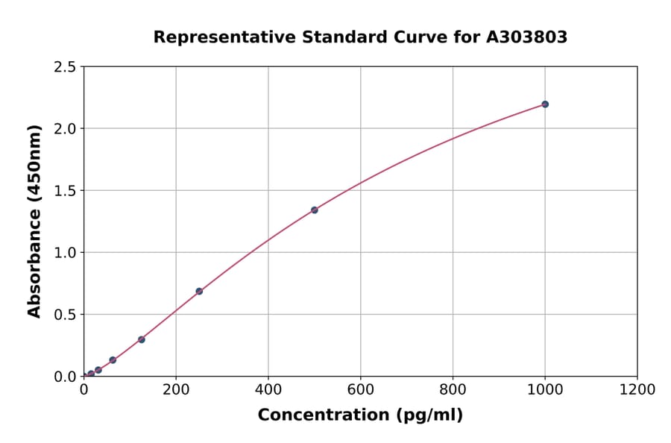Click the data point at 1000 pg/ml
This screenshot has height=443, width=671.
[545, 104]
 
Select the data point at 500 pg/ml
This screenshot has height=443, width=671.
[315, 210]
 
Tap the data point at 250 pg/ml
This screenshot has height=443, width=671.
[199, 292]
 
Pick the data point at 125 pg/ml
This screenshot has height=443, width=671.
[142, 339]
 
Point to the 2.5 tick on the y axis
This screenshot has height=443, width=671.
[66, 67]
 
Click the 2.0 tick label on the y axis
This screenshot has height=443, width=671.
[66, 129]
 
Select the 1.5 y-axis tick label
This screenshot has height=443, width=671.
[66, 191]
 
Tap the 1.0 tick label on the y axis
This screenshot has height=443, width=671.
[66, 253]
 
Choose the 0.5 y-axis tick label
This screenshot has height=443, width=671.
[66, 315]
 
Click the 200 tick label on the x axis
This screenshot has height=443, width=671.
[176, 389]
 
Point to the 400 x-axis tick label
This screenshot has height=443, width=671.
[268, 389]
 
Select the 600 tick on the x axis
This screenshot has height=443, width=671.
[361, 389]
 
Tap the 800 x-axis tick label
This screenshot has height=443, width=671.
[453, 389]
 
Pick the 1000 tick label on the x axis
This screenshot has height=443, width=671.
[545, 389]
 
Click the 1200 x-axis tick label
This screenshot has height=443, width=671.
[637, 389]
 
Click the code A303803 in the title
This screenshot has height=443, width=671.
[526, 37]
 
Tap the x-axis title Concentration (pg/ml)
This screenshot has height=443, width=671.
[360, 415]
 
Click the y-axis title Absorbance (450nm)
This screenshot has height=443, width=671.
[34, 221]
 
